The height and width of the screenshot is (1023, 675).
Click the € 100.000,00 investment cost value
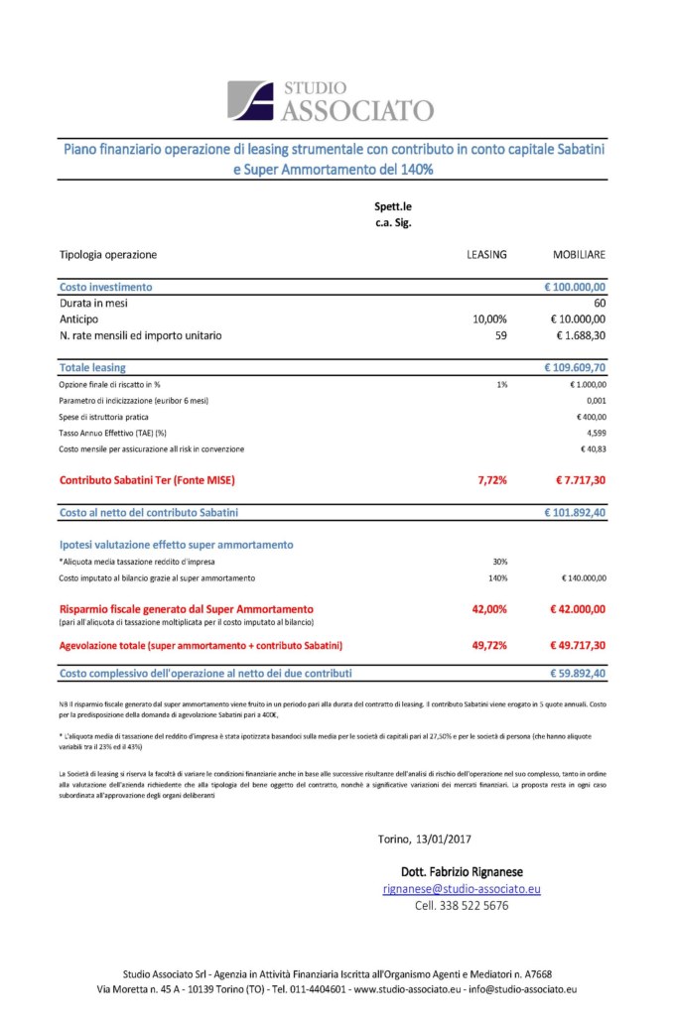point(575,287)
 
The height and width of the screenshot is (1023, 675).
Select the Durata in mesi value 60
point(599,303)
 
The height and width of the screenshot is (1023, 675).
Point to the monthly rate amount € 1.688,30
point(578,335)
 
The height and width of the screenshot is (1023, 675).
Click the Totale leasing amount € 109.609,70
point(575,368)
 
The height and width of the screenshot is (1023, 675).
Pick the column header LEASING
point(486,254)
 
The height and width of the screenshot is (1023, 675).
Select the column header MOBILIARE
point(579,254)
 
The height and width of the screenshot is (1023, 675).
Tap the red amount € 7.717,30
point(580,480)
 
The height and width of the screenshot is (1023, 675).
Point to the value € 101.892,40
point(575,513)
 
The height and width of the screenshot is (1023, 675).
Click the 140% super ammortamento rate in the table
point(498,577)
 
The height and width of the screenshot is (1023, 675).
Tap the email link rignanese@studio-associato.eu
point(462,889)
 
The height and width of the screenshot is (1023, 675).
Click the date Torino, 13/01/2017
point(424,839)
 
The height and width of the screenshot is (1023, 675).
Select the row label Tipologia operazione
point(108,254)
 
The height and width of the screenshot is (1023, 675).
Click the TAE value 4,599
point(596,433)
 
